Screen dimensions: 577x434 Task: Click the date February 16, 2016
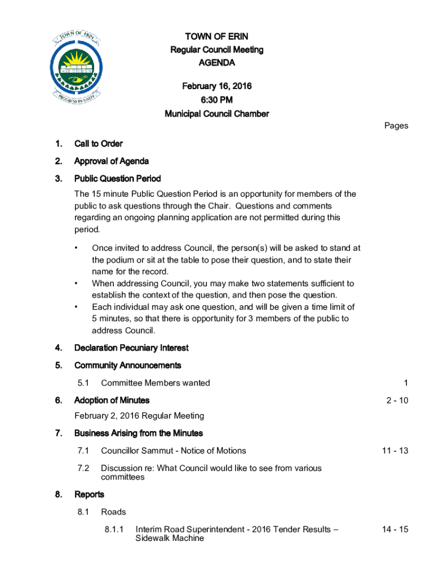(x=216, y=86)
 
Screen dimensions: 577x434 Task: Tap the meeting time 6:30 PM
(x=216, y=100)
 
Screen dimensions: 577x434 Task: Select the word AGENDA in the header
(x=216, y=63)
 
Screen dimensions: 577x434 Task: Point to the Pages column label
(x=396, y=126)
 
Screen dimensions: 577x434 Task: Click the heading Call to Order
(x=99, y=144)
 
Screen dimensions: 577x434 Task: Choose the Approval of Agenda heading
(x=112, y=161)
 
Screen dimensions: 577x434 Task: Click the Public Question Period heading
(x=118, y=179)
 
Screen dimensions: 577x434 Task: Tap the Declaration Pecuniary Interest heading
(x=131, y=348)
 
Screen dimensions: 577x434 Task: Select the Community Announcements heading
(x=128, y=365)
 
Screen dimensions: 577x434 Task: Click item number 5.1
(x=84, y=383)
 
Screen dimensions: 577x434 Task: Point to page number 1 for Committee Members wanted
(x=406, y=383)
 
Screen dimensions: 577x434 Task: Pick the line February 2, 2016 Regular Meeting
(x=139, y=416)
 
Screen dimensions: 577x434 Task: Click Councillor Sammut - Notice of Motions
(x=174, y=451)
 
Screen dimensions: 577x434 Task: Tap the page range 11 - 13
(x=395, y=451)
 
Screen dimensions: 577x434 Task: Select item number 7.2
(x=84, y=468)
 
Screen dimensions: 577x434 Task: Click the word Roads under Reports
(x=113, y=512)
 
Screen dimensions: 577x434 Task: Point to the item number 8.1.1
(x=114, y=530)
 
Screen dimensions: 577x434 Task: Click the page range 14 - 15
(x=395, y=530)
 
